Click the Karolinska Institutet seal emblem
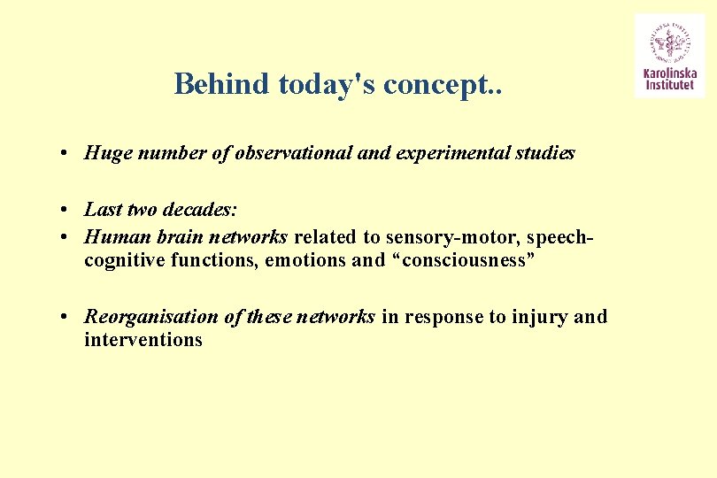(x=669, y=41)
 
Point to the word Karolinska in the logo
(x=669, y=74)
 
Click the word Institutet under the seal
(x=669, y=87)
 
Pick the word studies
(x=545, y=153)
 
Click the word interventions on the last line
(x=143, y=340)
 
